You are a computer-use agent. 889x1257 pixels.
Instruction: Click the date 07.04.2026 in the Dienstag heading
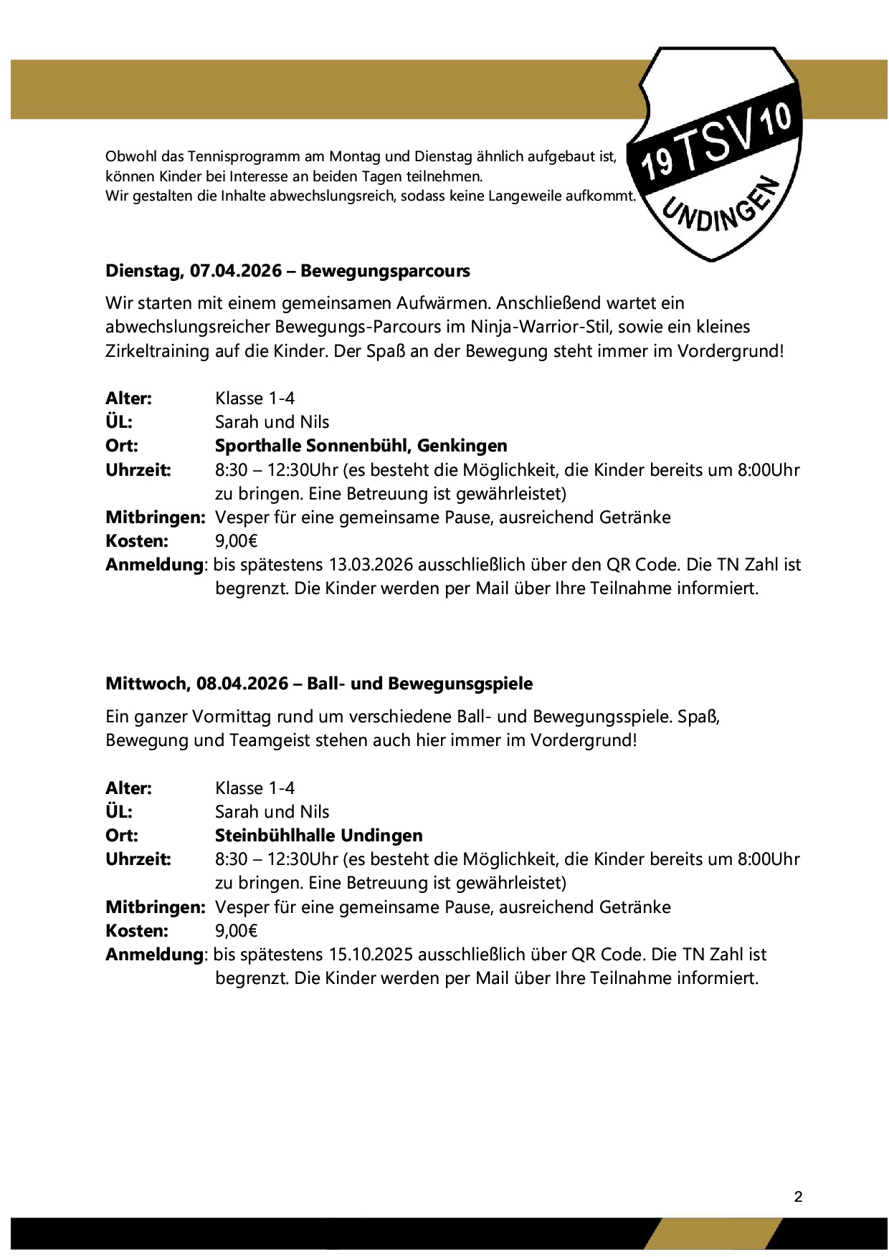[x=236, y=271]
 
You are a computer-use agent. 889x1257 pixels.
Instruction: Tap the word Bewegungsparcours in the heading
[x=385, y=271]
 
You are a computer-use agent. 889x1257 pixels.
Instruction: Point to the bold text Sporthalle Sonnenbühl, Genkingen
[x=361, y=446]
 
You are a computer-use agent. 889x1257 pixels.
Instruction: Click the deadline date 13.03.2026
[x=371, y=565]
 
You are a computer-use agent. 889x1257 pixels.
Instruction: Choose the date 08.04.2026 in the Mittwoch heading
[x=242, y=684]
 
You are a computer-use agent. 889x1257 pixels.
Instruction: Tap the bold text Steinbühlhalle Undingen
[x=318, y=836]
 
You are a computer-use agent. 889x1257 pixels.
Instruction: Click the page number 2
[x=798, y=1197]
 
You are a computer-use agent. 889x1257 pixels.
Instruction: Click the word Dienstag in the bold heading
[x=144, y=271]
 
